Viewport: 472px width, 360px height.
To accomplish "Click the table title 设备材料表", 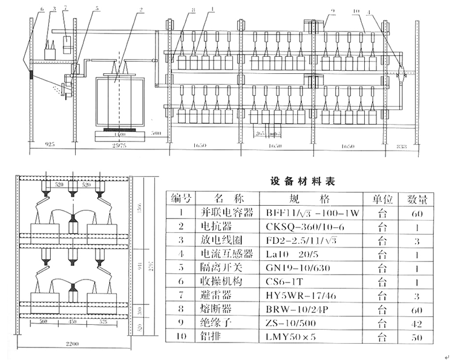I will point(302,181).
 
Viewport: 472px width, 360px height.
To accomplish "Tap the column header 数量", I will point(416,198).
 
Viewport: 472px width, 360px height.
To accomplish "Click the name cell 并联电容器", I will point(225,213).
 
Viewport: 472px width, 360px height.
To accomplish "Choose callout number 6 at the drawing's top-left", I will point(42,10).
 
